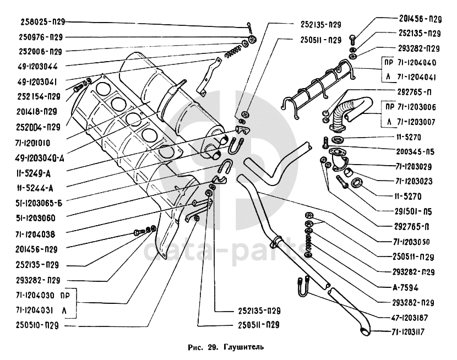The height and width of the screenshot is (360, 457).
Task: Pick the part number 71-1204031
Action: point(34,310)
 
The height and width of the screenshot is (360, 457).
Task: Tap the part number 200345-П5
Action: point(418,150)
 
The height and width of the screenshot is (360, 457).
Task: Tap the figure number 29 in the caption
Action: point(213,347)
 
